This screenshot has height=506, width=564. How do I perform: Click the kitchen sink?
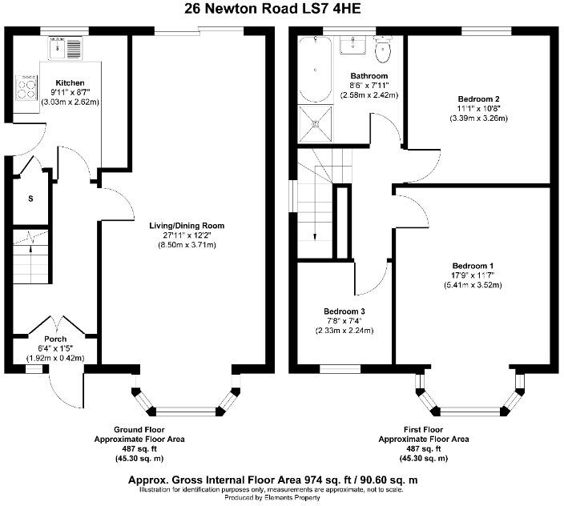pos(66,50)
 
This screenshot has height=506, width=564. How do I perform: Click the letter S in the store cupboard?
pos(30,198)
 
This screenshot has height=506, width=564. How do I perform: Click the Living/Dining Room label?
pos(187,226)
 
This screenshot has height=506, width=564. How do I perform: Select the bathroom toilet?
pos(383,51)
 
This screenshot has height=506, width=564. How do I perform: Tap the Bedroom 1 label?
pos(473,266)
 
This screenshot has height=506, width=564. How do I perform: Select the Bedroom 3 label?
pos(344,311)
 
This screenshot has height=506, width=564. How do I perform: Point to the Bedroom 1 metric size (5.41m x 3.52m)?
pos(473,285)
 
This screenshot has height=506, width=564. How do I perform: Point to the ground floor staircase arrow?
pos(30,241)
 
